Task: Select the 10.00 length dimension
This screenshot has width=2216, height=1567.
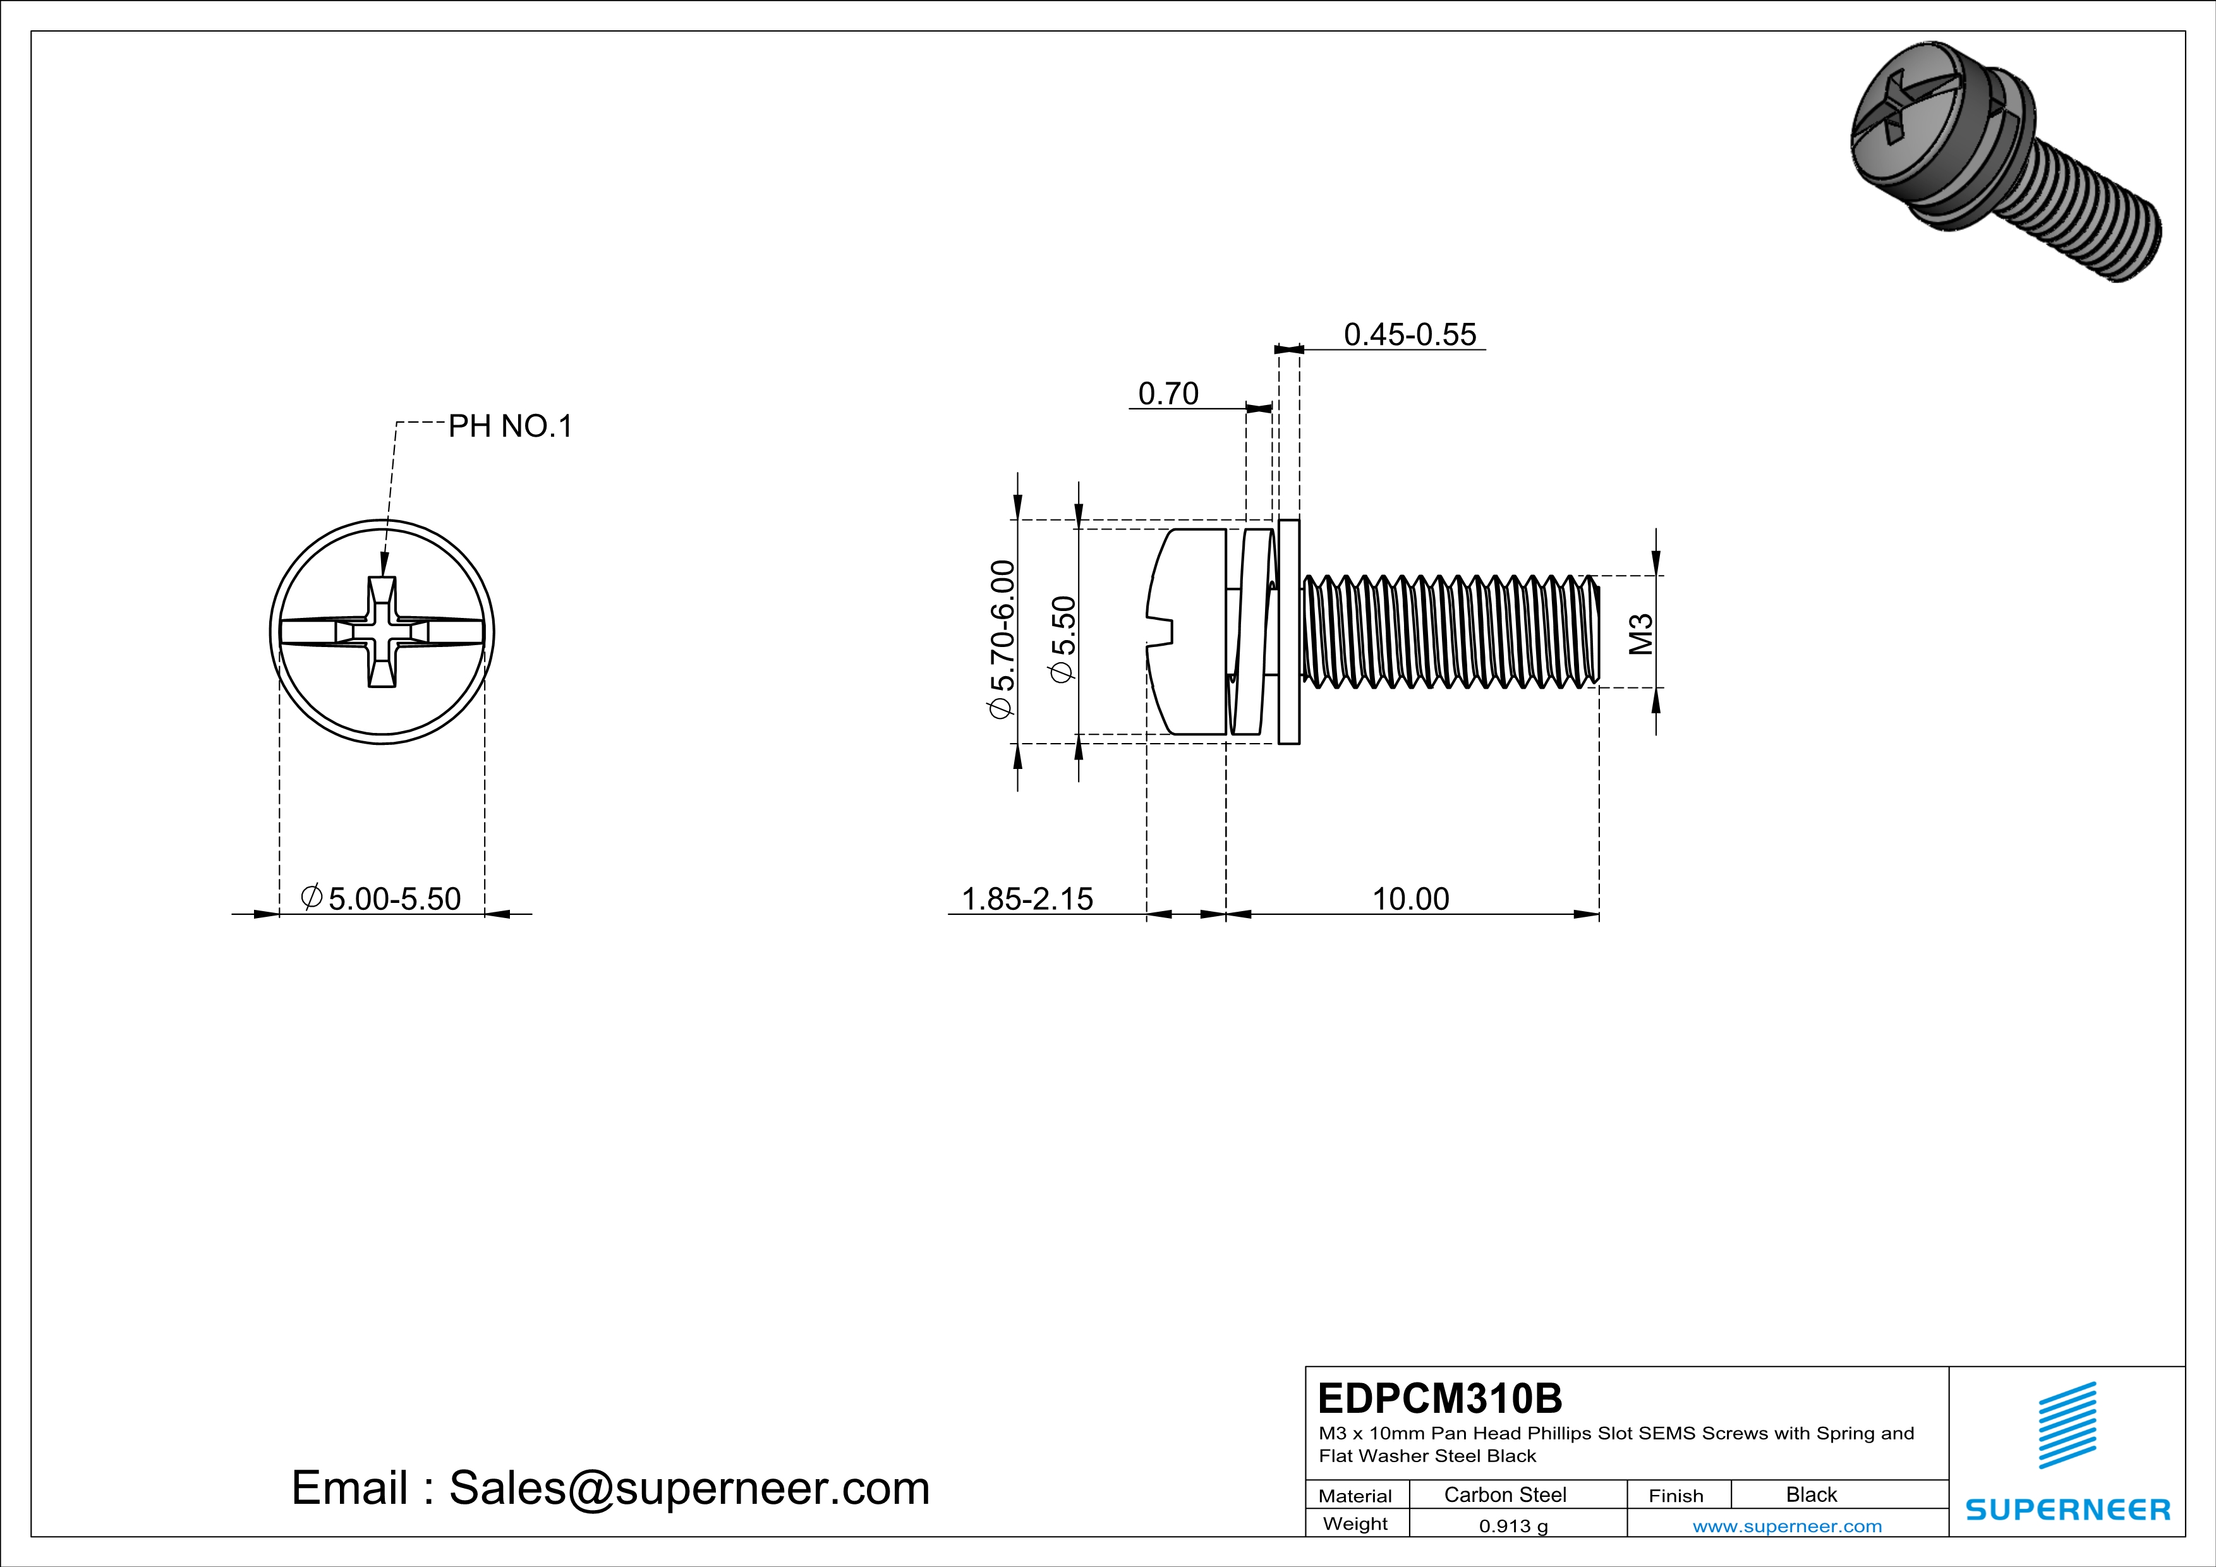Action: click(1410, 898)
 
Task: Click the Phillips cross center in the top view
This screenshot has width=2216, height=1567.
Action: click(382, 632)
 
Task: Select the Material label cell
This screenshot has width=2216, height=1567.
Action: click(1355, 1496)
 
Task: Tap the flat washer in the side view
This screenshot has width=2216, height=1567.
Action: click(1288, 632)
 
